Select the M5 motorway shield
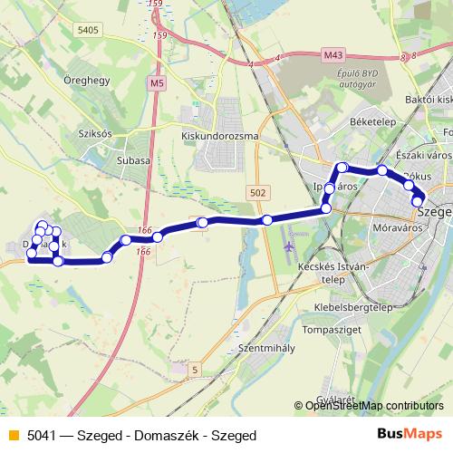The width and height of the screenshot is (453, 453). pyautogui.click(x=159, y=82)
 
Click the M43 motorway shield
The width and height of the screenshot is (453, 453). pyautogui.click(x=333, y=55)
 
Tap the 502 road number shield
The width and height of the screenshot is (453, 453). pyautogui.click(x=257, y=193)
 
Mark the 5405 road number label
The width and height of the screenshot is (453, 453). pyautogui.click(x=89, y=30)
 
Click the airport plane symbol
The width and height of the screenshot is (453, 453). pyautogui.click(x=289, y=246)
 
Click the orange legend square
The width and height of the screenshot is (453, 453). pyautogui.click(x=12, y=435)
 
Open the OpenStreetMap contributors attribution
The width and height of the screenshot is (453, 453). pyautogui.click(x=374, y=406)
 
